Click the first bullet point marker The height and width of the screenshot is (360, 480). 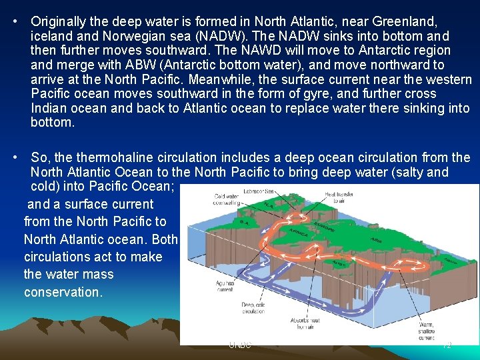15,22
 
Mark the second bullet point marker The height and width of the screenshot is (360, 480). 15,158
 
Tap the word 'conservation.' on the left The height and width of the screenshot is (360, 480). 63,292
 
